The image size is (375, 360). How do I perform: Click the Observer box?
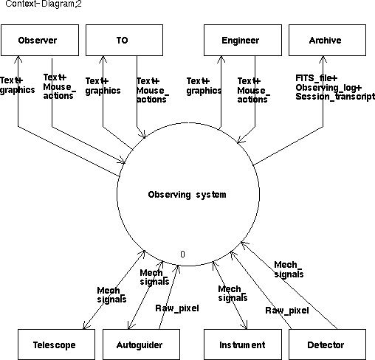[40, 40]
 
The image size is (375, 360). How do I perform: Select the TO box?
[124, 40]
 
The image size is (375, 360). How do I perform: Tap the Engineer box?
[243, 40]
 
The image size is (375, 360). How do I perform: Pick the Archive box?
[327, 40]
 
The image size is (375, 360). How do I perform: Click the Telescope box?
[56, 345]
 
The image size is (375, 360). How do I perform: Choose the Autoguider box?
[141, 345]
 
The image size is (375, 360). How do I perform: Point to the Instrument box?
[243, 345]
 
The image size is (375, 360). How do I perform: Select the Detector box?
[327, 345]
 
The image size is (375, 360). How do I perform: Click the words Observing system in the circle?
[187, 195]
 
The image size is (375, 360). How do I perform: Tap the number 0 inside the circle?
[182, 254]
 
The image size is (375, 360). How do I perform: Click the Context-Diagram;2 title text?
[44, 4]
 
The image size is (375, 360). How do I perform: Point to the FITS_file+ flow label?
[317, 78]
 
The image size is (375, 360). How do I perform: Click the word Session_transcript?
[335, 97]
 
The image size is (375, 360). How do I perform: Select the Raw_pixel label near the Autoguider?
[177, 308]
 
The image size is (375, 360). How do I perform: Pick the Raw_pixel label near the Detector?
[287, 311]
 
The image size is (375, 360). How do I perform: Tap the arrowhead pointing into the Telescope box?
[84, 326]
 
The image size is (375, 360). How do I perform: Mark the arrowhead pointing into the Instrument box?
[245, 326]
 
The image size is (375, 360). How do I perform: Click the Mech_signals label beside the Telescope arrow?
[111, 295]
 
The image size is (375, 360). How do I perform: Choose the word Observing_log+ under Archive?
[328, 88]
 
